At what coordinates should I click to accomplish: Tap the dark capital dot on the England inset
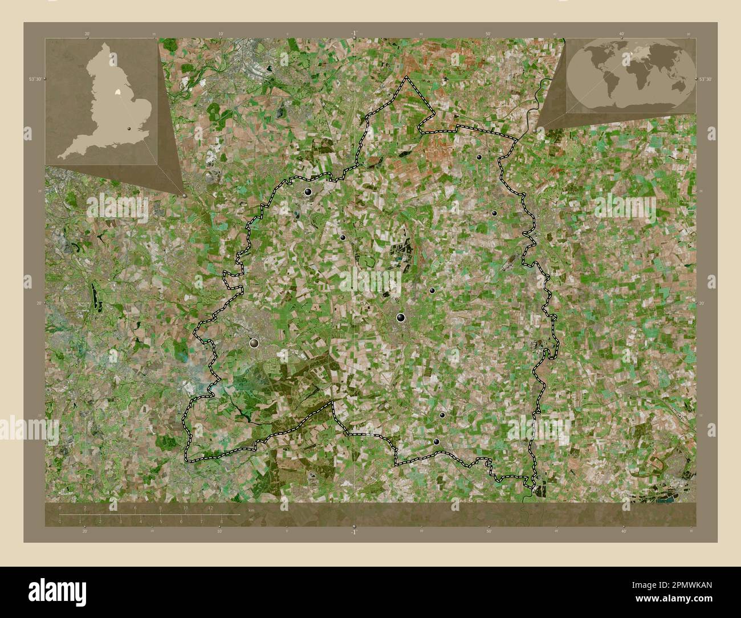[129, 129]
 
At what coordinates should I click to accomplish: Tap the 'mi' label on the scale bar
[251, 519]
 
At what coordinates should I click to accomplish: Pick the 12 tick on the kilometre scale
[210, 509]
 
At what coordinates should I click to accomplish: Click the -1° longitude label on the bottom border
[353, 532]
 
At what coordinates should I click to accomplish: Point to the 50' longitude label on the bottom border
[488, 531]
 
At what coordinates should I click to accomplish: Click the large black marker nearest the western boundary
[254, 343]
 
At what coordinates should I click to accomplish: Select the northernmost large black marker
[308, 192]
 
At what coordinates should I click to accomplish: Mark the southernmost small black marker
[437, 441]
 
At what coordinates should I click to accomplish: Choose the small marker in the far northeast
[479, 157]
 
